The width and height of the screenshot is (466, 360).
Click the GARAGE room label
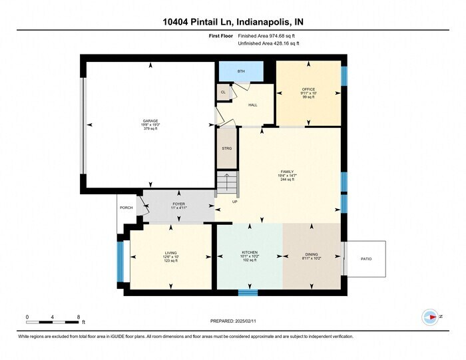point(150,121)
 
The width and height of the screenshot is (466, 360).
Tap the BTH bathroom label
point(240,71)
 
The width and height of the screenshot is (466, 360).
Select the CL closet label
point(223,92)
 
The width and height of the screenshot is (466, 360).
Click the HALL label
point(252,105)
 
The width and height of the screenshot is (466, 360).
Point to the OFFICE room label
point(308,89)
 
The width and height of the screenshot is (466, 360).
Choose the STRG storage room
point(227,148)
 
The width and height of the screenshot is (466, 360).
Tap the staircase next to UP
point(227,183)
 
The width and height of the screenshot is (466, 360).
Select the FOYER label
point(179,204)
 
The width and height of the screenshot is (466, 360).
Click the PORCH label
point(126,208)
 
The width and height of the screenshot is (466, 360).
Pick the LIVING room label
point(171,253)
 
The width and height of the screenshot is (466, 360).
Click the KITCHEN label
point(250,253)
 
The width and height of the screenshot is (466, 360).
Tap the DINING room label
point(312,254)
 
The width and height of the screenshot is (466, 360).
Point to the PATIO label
point(365,258)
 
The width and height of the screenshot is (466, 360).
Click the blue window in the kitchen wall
point(248,292)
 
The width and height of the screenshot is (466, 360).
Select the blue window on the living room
point(120,261)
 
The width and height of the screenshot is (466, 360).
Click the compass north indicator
point(430,317)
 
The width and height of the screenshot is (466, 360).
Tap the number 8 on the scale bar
point(78,317)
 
